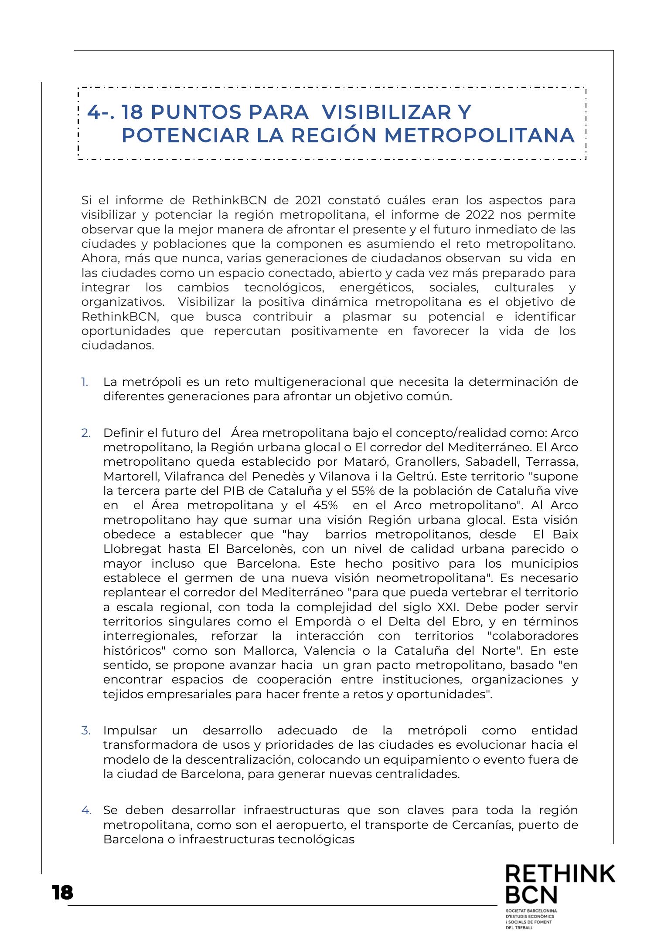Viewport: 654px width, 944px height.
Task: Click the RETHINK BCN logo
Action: (x=560, y=893)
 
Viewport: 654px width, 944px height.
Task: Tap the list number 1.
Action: (x=85, y=382)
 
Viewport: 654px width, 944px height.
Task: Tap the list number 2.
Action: (x=86, y=433)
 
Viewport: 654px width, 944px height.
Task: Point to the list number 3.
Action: (x=86, y=731)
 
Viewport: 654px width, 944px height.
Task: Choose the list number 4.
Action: (x=86, y=811)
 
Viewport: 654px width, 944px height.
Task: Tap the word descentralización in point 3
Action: (x=235, y=760)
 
